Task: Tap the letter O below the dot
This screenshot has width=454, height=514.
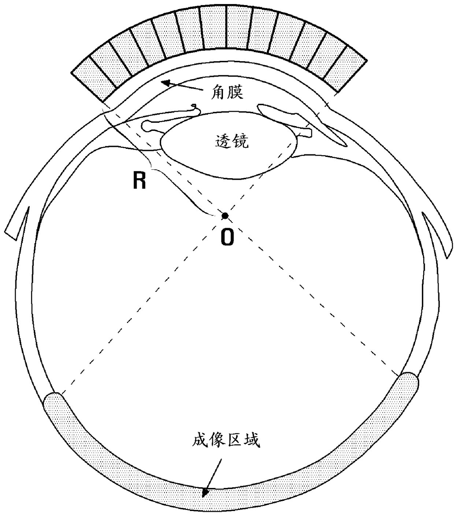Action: tap(227, 236)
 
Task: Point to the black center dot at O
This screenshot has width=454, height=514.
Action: tap(225, 216)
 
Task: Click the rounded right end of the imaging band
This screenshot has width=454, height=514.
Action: tap(408, 389)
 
